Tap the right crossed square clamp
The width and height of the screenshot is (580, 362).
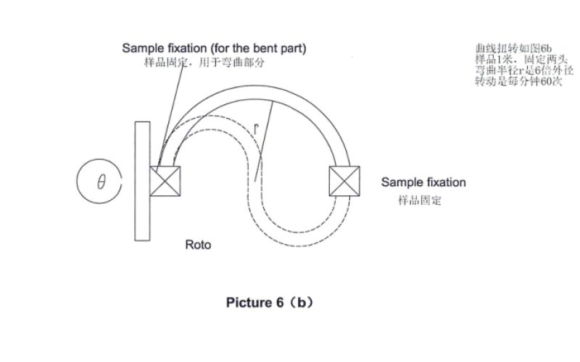point(344,180)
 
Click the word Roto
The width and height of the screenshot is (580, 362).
point(198,245)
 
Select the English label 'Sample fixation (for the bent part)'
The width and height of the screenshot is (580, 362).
point(213,48)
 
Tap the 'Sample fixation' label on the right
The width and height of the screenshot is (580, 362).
point(423,182)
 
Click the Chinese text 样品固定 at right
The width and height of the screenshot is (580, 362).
point(419,200)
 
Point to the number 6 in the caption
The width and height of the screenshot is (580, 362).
point(280,303)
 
